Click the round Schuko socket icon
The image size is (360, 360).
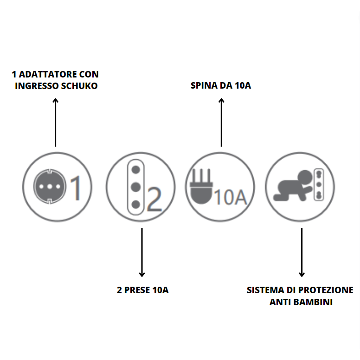click(47, 186)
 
